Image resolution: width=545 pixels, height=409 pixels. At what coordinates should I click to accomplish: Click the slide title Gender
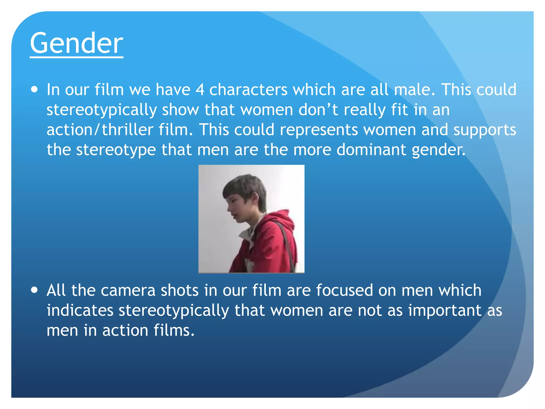click(x=76, y=43)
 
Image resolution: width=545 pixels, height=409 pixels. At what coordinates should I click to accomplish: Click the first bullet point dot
click(x=34, y=89)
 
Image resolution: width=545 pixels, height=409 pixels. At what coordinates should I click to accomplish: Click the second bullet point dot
click(x=34, y=290)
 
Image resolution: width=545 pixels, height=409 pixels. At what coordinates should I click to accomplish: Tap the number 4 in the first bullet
click(x=200, y=89)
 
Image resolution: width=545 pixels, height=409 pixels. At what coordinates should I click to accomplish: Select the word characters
click(x=248, y=89)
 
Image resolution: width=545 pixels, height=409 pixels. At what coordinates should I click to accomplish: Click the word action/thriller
click(x=100, y=130)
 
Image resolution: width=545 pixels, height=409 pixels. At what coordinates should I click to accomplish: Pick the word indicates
click(x=80, y=310)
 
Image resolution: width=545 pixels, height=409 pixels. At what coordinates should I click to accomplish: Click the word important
click(x=445, y=310)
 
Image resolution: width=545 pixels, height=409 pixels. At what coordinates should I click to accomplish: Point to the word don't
click(x=318, y=110)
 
